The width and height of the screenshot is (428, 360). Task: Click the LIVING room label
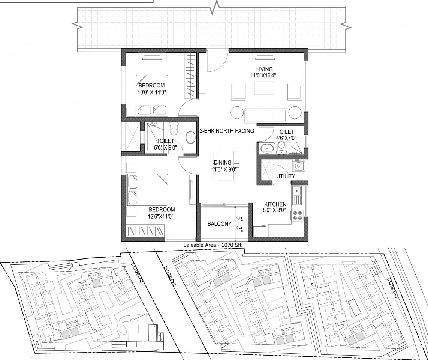click(264, 69)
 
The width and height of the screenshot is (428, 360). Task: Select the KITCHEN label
click(275, 204)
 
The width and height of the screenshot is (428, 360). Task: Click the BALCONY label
click(220, 224)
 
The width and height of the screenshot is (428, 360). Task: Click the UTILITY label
click(286, 177)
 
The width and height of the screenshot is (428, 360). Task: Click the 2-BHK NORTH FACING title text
click(227, 131)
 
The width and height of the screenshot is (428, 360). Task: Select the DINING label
click(223, 163)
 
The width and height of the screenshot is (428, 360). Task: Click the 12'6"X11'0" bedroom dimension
click(162, 216)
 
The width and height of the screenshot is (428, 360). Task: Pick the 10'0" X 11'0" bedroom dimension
click(152, 93)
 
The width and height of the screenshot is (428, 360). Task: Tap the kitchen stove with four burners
click(297, 215)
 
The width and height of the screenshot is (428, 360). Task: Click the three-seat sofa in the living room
click(266, 115)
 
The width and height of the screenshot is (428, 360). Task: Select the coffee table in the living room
click(265, 88)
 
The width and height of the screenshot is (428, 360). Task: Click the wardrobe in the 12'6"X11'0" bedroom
click(146, 231)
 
